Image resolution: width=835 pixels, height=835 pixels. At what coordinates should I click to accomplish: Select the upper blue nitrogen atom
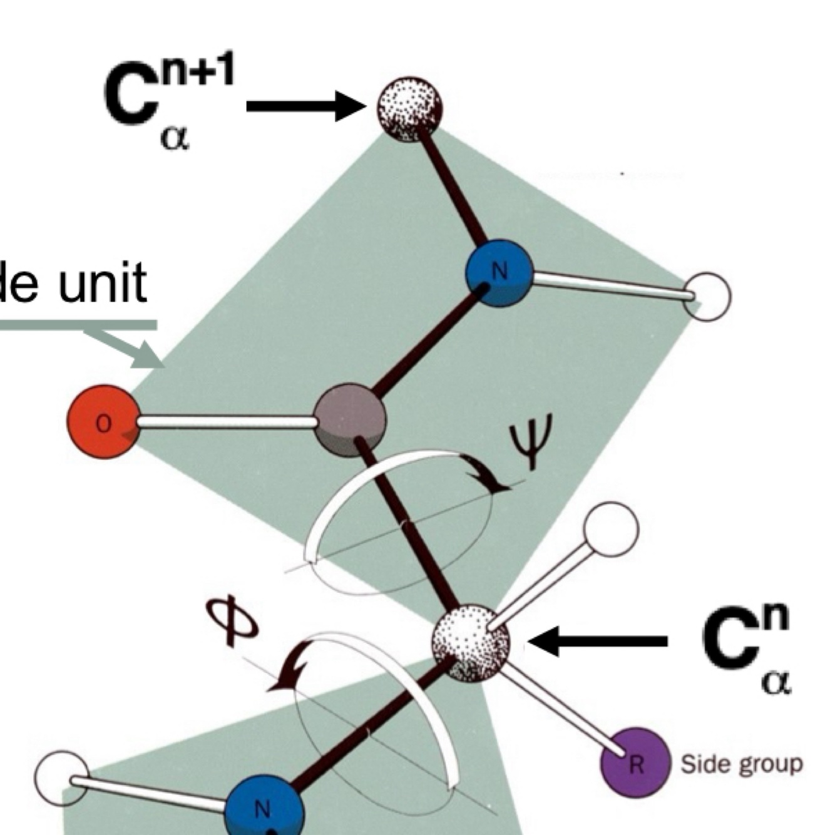point(499,273)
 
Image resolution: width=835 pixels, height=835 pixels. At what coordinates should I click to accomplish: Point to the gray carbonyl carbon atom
point(349,420)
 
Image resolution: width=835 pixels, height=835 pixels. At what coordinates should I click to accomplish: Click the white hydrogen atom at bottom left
point(61,777)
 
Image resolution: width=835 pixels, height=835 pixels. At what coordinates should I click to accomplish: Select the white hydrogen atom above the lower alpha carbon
point(611,530)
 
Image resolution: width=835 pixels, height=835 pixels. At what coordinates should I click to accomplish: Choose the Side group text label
point(741,764)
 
